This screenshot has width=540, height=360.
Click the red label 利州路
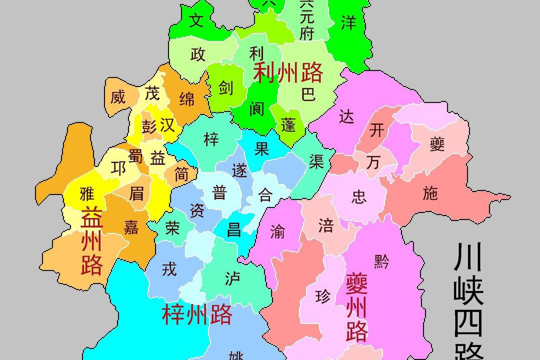[288, 73]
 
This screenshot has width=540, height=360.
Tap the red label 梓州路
[197, 314]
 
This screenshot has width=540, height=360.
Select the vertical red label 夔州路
[357, 307]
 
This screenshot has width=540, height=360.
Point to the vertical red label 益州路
[91, 240]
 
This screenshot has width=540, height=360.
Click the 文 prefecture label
[198, 21]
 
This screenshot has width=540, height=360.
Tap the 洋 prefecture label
[348, 22]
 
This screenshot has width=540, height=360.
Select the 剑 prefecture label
[226, 88]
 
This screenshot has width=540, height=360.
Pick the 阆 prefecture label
[257, 108]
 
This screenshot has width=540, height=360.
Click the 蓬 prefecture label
[288, 125]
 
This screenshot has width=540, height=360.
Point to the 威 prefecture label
[118, 96]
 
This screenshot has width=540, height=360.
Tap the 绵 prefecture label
[187, 99]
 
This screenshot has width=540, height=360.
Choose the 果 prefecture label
[262, 148]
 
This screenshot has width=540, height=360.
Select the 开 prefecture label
[377, 130]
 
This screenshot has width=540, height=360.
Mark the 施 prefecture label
[430, 194]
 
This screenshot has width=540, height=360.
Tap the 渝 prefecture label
[278, 230]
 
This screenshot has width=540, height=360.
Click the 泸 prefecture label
[232, 278]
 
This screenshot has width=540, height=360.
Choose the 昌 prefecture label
[234, 229]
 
